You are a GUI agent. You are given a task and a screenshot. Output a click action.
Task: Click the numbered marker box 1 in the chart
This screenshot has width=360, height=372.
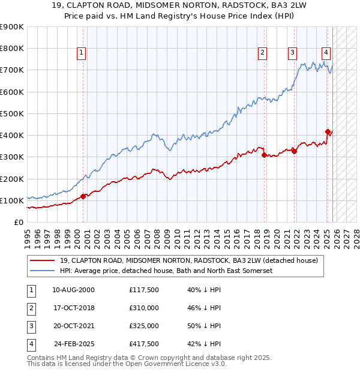click(82, 53)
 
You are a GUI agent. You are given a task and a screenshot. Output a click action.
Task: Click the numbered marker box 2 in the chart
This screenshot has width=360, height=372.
click(263, 53)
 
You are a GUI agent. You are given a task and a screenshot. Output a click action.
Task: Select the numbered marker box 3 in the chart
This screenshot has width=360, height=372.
click(292, 53)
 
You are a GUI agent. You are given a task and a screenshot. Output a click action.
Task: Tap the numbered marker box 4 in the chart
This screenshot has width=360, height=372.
click(325, 53)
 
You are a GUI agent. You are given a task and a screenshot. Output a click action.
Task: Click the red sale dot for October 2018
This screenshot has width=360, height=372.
click(265, 155)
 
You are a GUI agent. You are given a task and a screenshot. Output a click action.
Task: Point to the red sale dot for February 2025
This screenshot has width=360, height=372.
click(328, 131)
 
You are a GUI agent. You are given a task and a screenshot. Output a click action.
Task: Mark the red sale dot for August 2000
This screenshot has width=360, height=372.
click(83, 196)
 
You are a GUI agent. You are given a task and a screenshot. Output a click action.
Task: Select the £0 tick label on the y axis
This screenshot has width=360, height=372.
click(18, 222)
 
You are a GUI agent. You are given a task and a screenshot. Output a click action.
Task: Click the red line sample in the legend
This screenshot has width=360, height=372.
click(43, 260)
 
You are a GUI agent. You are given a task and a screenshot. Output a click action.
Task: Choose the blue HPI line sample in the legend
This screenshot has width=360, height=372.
click(43, 271)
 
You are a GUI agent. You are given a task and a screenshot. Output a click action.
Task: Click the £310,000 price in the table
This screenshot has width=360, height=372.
click(144, 307)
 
